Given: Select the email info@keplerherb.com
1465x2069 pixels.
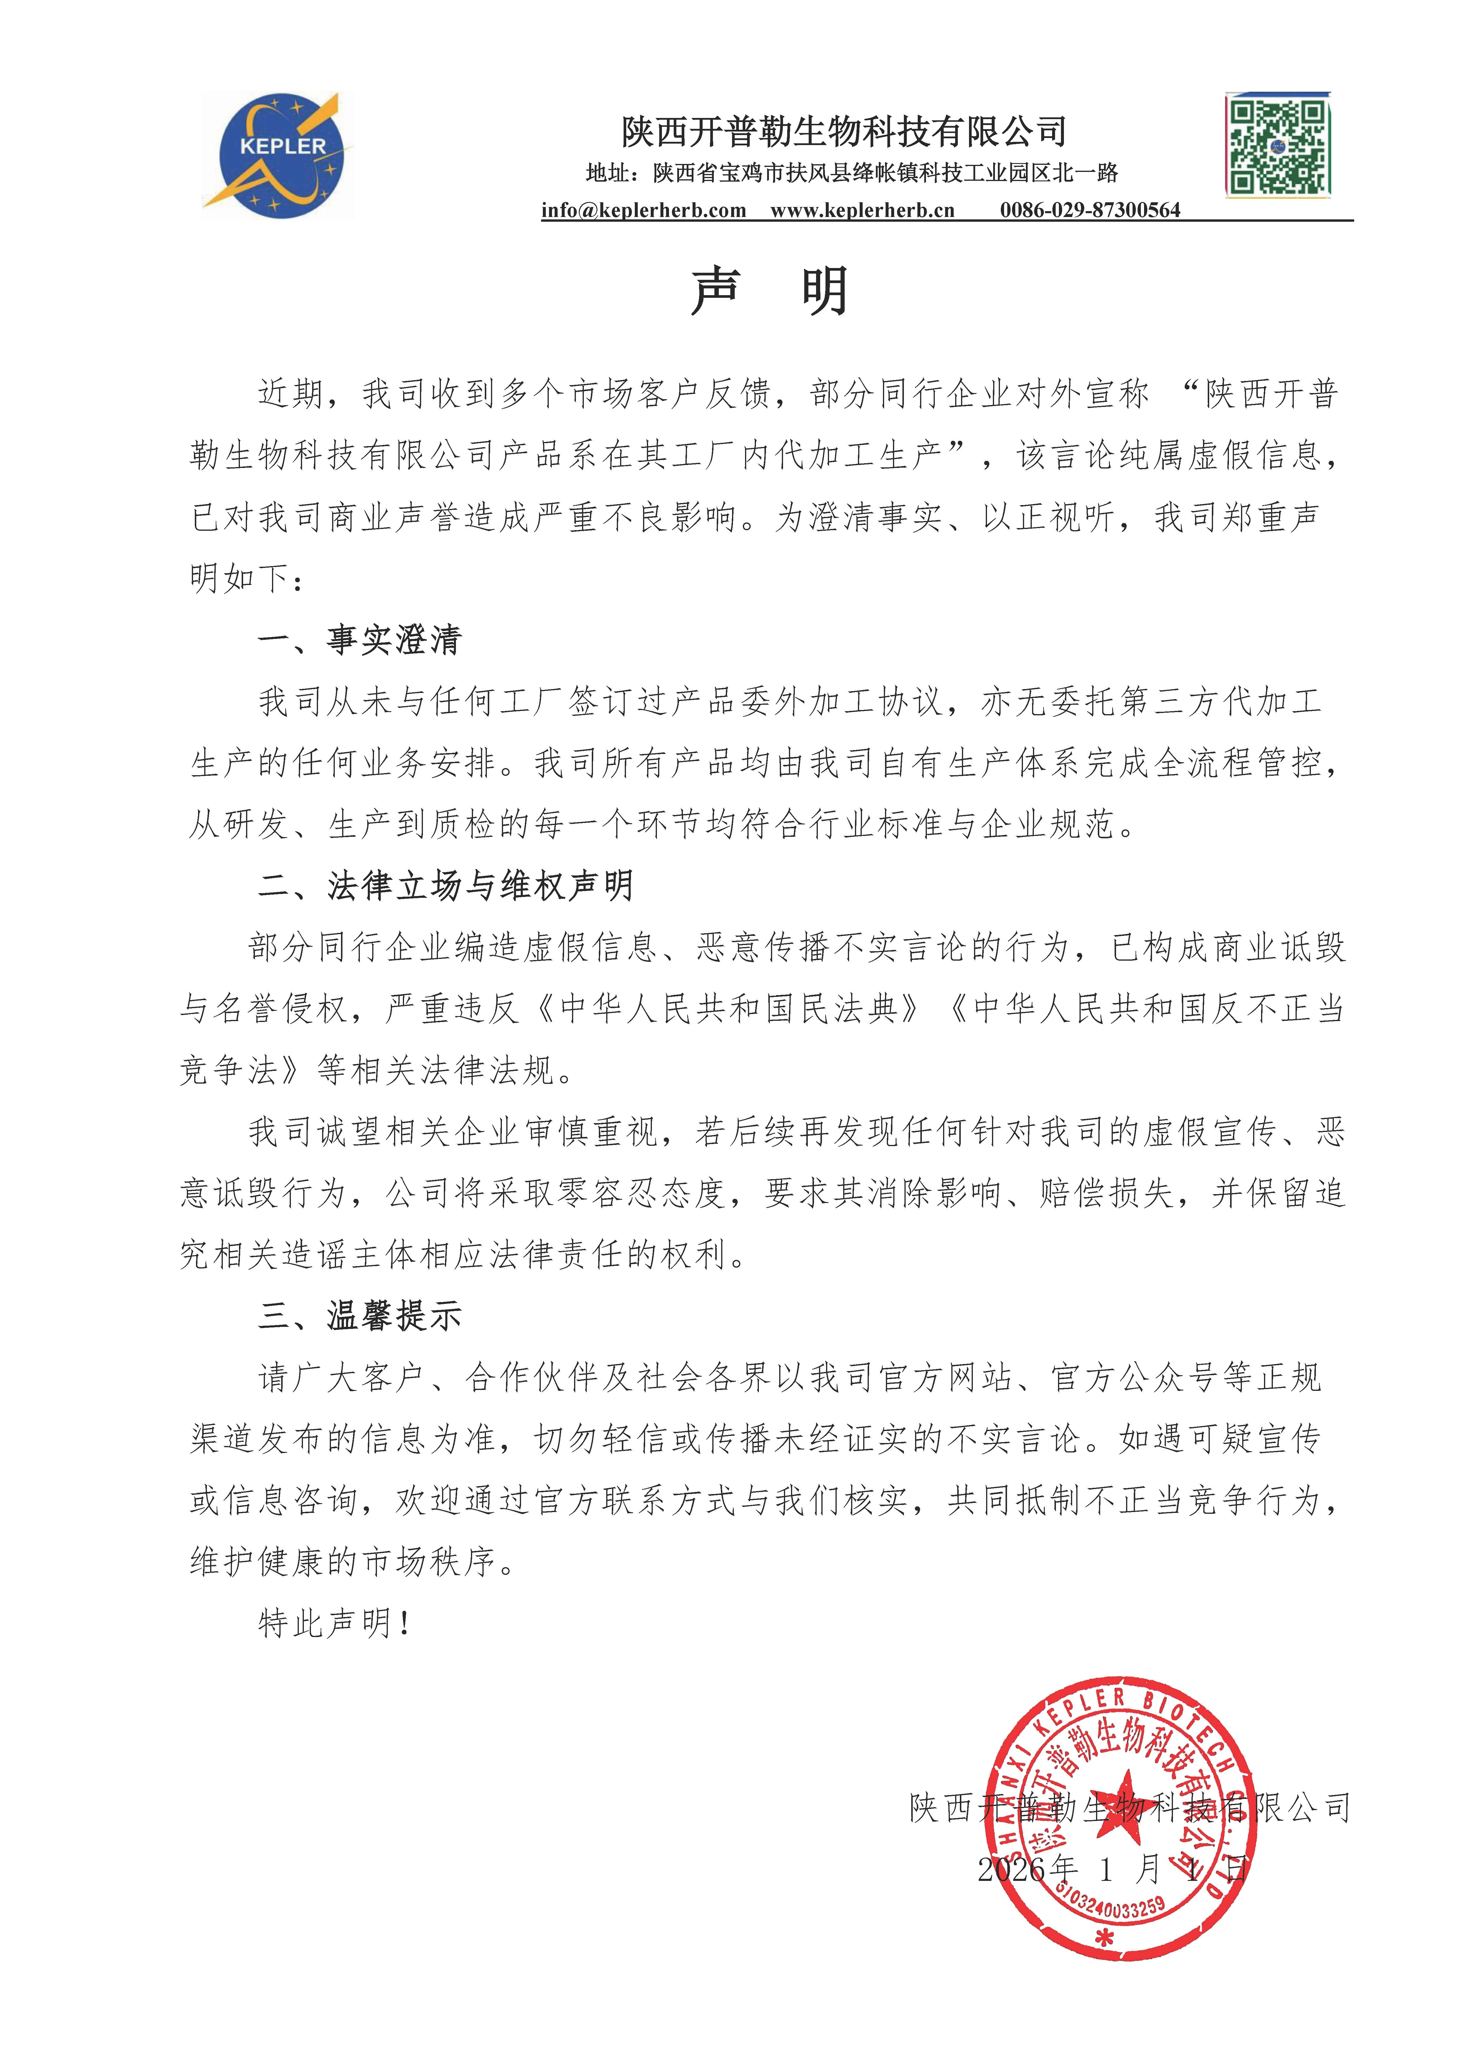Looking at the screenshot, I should point(643,210).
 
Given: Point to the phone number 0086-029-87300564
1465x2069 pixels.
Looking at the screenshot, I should point(1090,210).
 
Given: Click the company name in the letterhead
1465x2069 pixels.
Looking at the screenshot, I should point(843,132).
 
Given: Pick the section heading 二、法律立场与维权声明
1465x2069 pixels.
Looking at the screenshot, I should point(446,886).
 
